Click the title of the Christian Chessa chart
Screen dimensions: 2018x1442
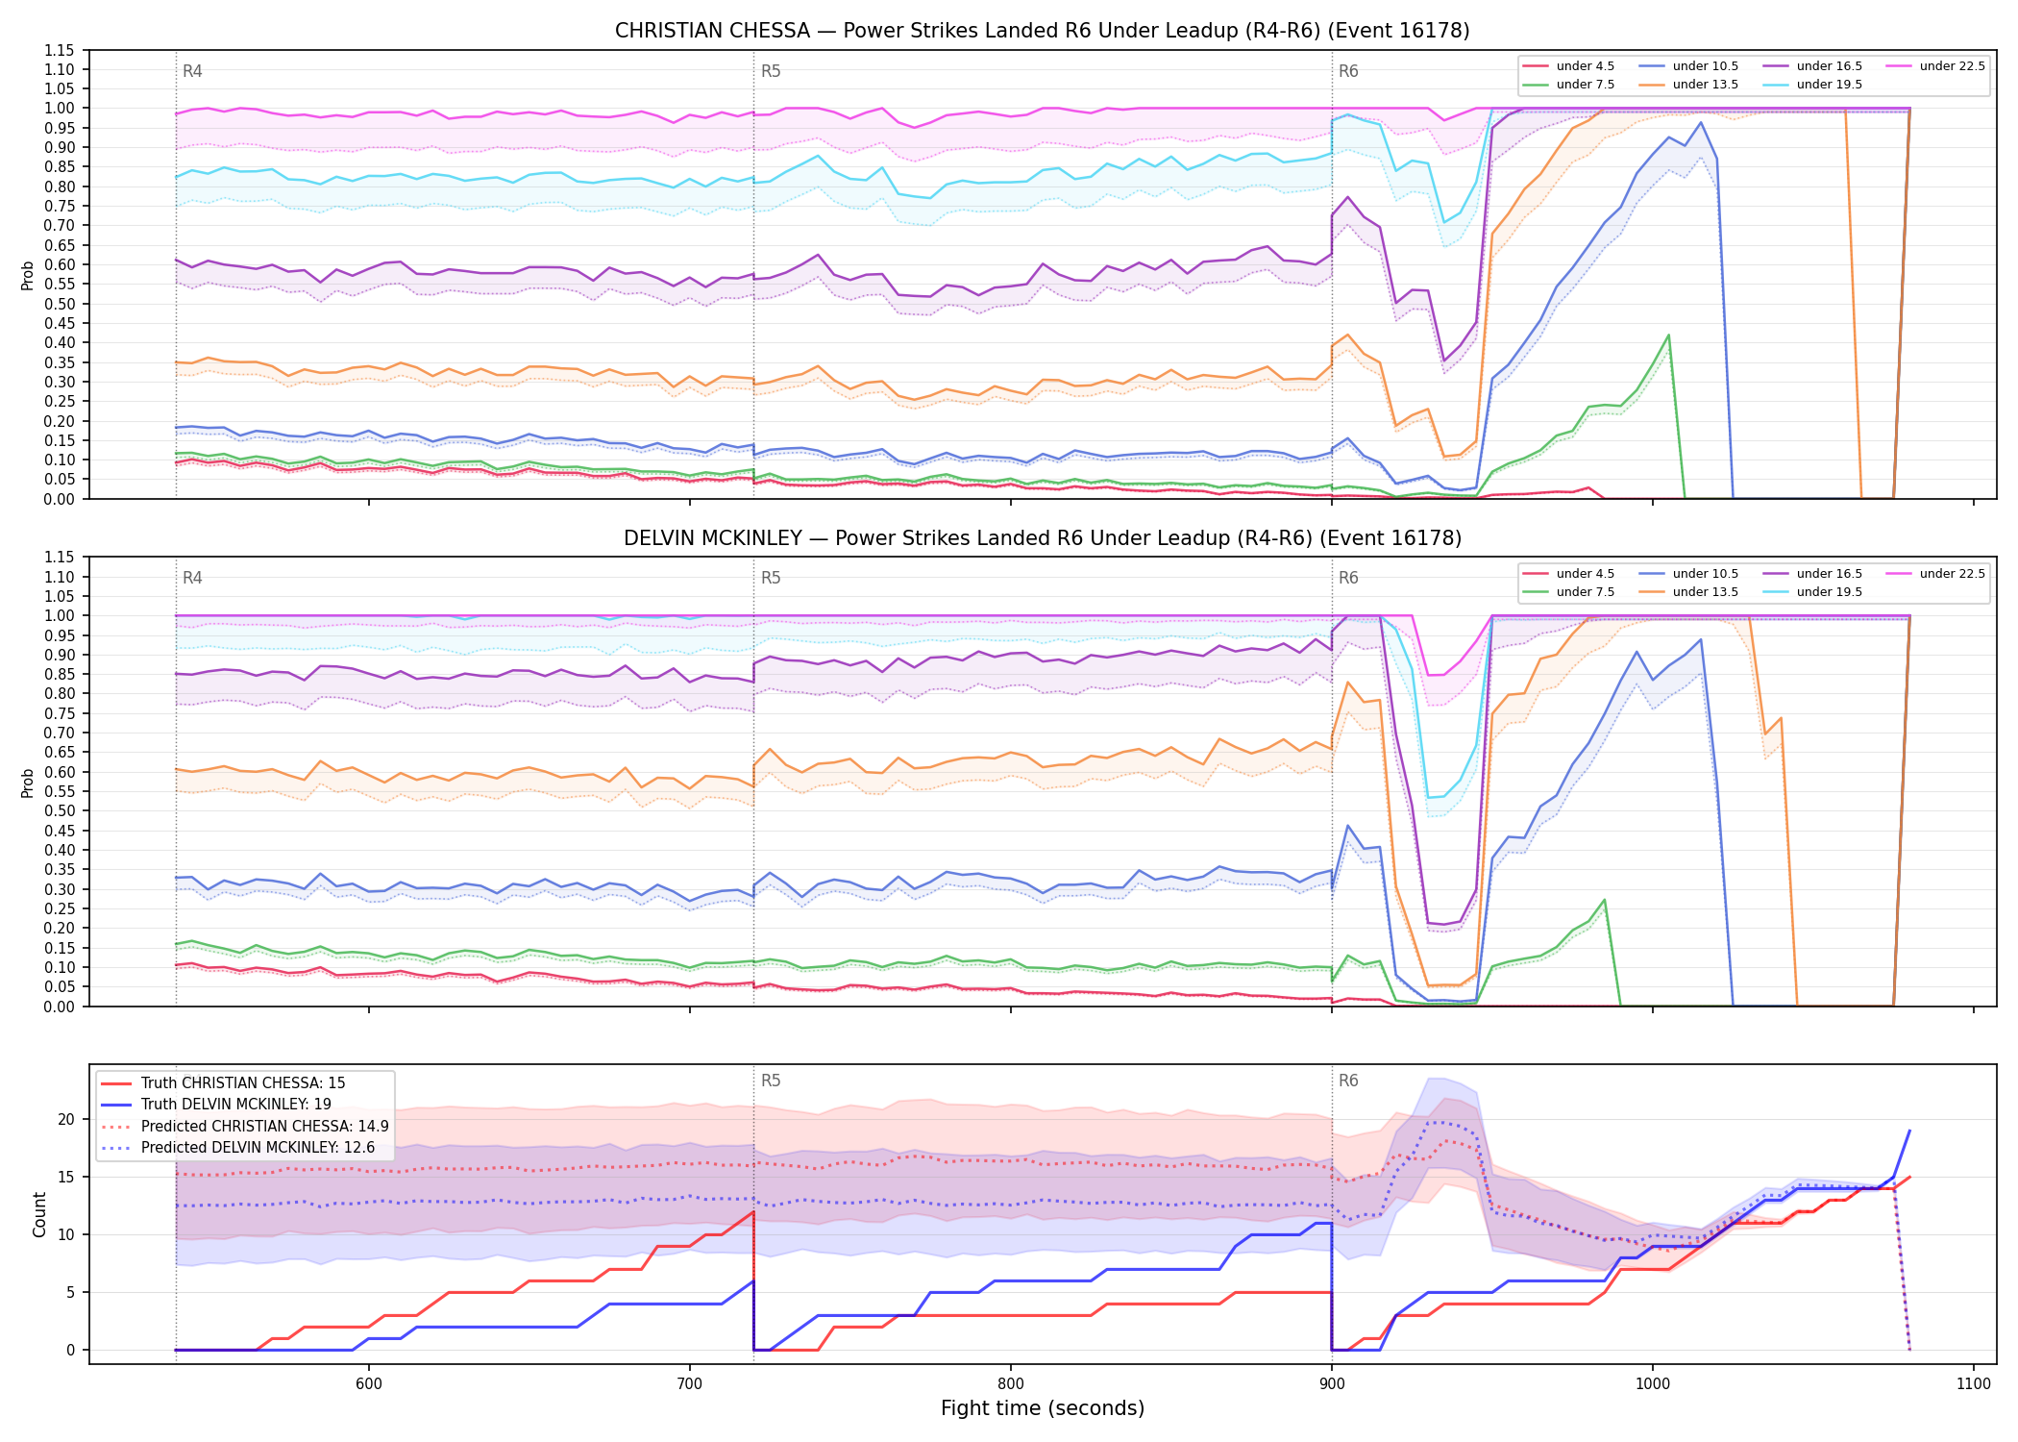click(1043, 31)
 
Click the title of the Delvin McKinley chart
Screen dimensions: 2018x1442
click(1043, 538)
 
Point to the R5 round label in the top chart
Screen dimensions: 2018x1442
click(771, 71)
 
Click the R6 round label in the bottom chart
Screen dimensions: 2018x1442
click(1348, 1081)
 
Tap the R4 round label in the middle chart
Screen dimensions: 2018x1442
click(192, 578)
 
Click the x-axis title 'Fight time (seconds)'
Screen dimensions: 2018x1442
click(1043, 1408)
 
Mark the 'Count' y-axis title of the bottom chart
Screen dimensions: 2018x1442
click(39, 1215)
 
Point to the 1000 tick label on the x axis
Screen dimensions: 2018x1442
click(1653, 1384)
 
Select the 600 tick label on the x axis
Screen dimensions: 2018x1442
click(369, 1384)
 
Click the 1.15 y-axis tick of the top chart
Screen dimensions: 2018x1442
click(60, 50)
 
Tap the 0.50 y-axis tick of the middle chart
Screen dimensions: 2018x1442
click(60, 811)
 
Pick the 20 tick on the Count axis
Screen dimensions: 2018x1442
click(66, 1120)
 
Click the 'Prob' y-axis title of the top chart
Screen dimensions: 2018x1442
click(28, 276)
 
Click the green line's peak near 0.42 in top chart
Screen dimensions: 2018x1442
click(1668, 336)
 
